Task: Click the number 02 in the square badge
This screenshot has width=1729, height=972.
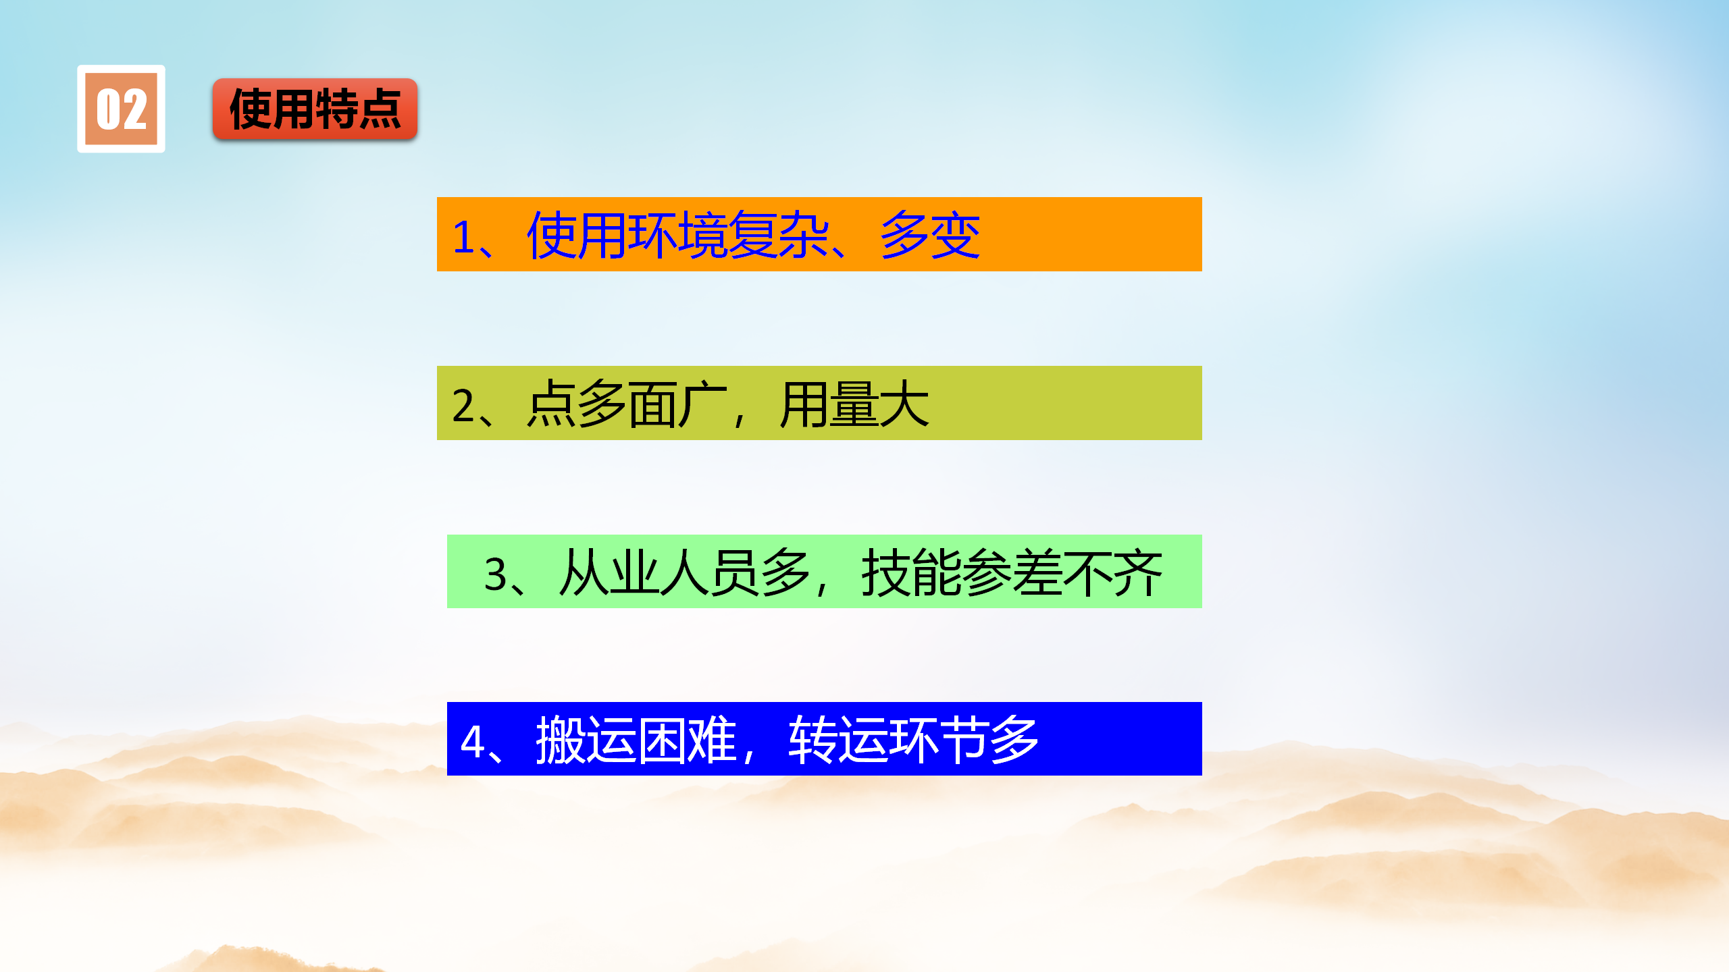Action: pos(122,109)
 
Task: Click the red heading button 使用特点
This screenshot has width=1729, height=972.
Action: pos(315,109)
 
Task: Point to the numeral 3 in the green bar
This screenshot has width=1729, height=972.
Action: pos(496,574)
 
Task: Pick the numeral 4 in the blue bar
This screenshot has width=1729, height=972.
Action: pos(472,741)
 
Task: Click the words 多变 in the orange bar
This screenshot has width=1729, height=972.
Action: pos(931,235)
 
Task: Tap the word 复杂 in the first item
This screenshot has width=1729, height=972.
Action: pos(779,235)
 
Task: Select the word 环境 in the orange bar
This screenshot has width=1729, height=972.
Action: pos(678,235)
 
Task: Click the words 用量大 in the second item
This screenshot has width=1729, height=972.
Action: pos(854,404)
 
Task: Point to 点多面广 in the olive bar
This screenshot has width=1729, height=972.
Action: pos(627,404)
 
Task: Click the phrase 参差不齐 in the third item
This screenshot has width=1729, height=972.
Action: pos(1062,572)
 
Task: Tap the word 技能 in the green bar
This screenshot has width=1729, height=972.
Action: pos(912,572)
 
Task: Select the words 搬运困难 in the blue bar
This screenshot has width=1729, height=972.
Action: pos(636,740)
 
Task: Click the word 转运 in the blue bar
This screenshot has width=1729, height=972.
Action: pos(839,740)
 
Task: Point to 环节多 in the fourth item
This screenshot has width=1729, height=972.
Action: pos(964,740)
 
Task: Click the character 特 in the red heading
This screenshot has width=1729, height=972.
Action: pos(336,109)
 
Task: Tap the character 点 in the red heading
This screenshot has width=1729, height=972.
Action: pos(380,109)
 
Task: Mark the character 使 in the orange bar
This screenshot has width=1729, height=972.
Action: pos(552,235)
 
